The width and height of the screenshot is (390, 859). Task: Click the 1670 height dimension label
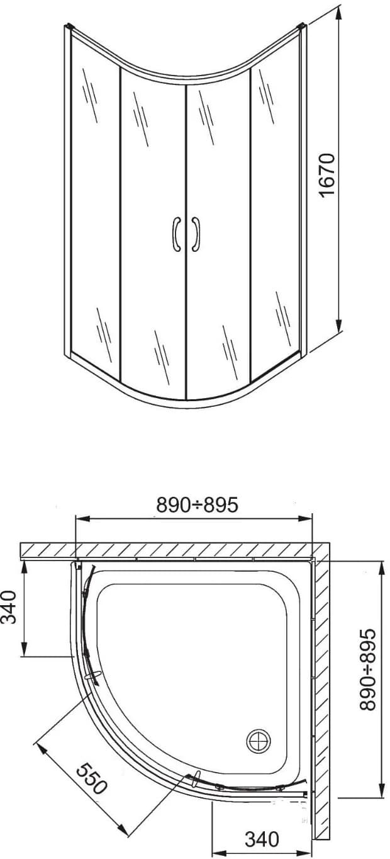click(x=329, y=175)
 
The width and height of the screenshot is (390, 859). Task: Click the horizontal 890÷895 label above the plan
click(x=197, y=504)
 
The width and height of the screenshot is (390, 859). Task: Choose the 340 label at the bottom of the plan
click(x=261, y=839)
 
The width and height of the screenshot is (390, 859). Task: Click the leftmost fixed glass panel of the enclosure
click(x=94, y=202)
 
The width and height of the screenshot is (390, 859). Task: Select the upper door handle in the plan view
click(x=95, y=677)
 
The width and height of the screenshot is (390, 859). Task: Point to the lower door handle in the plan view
click(x=196, y=778)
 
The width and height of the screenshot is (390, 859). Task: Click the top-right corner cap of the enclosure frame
click(x=303, y=26)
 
